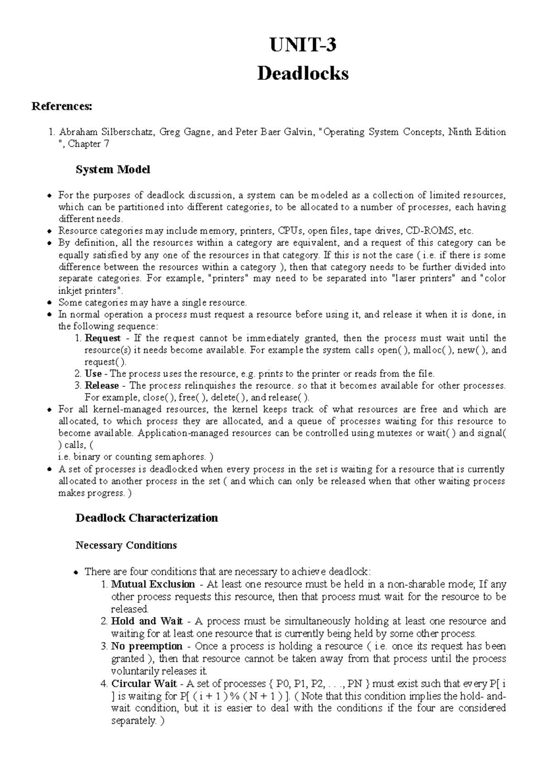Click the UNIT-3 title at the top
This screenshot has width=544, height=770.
(x=303, y=46)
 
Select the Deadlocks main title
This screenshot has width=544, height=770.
(x=303, y=73)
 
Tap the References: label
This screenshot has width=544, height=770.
(x=61, y=107)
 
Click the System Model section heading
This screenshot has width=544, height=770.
(x=112, y=170)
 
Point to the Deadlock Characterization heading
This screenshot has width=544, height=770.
(x=146, y=518)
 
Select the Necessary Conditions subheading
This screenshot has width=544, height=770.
(x=126, y=545)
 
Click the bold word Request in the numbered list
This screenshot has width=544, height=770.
(x=102, y=338)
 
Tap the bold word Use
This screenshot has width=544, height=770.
(x=93, y=374)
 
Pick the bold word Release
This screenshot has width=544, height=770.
(x=102, y=386)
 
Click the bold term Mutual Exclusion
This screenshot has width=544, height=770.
(x=153, y=585)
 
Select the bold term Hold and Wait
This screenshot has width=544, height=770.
(x=147, y=621)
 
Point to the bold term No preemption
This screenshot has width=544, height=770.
(x=146, y=646)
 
